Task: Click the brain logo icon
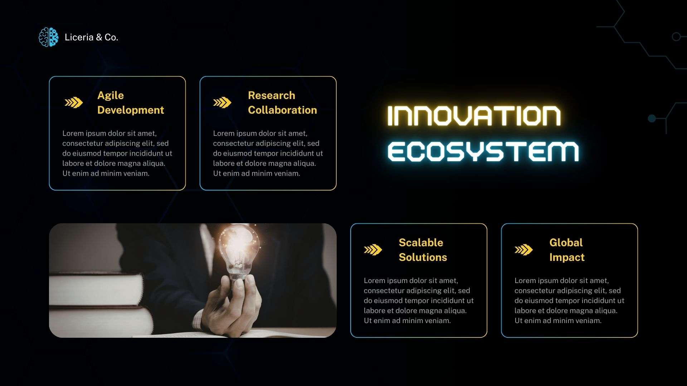click(x=48, y=37)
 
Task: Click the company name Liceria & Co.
click(x=91, y=37)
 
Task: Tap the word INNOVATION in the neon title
click(x=474, y=116)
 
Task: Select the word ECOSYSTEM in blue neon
click(x=483, y=152)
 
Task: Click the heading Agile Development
click(x=131, y=103)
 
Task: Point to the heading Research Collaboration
click(x=282, y=103)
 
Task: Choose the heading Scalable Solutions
click(x=423, y=250)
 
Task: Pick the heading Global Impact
click(x=567, y=250)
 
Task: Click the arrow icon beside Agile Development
click(x=74, y=103)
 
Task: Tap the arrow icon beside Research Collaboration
click(x=222, y=103)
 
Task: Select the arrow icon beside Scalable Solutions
click(x=373, y=250)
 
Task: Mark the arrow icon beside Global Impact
click(x=523, y=250)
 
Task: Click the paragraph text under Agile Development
click(x=117, y=153)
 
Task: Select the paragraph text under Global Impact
click(x=569, y=301)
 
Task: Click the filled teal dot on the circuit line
click(x=652, y=118)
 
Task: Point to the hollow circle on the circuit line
click(x=676, y=36)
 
